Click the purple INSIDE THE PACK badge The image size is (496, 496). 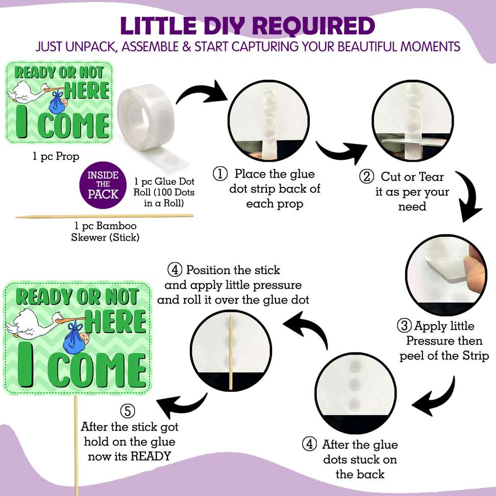click(x=103, y=185)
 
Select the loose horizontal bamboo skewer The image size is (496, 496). click(x=105, y=216)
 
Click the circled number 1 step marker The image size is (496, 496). click(x=220, y=174)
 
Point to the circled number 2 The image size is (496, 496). click(x=366, y=177)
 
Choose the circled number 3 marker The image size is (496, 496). click(x=404, y=326)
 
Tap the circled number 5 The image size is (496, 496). click(x=128, y=411)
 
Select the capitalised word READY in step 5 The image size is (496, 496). click(x=151, y=456)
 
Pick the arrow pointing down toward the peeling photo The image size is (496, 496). click(x=468, y=196)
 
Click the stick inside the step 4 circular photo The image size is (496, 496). click(x=231, y=352)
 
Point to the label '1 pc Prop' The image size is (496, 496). click(x=56, y=157)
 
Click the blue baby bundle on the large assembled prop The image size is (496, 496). click(x=75, y=339)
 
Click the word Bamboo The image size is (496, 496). click(x=116, y=226)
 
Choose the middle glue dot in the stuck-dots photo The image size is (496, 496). click(x=355, y=384)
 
